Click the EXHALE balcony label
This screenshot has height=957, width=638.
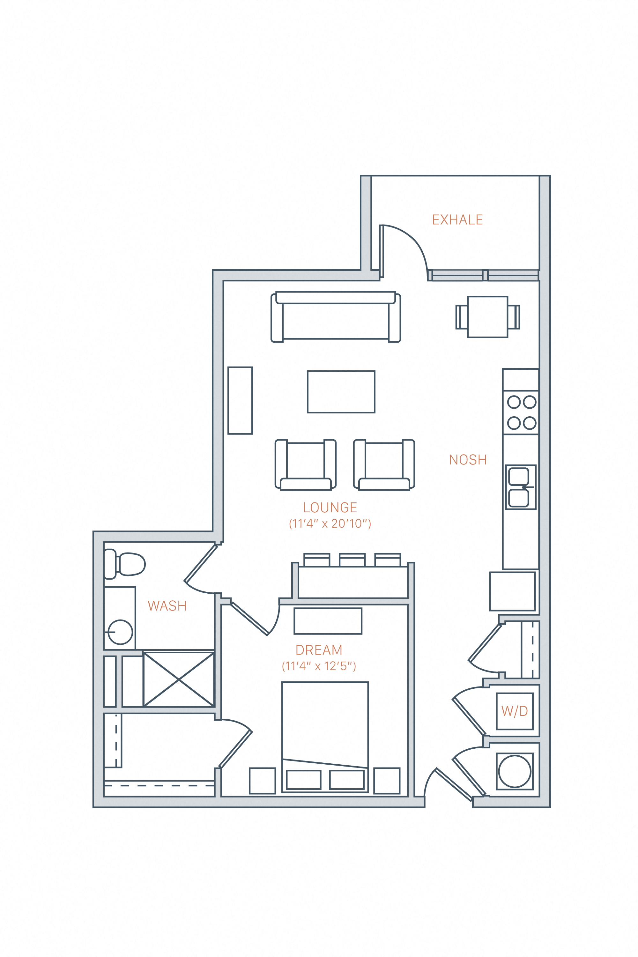tap(457, 220)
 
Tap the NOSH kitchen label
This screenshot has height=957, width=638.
tap(468, 460)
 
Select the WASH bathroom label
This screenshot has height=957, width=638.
tap(167, 606)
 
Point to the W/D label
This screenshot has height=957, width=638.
tap(514, 711)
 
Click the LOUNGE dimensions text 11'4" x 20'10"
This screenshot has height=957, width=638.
tap(330, 524)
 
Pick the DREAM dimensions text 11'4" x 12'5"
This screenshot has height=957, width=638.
tap(319, 666)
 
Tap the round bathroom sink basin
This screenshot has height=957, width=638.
tap(121, 632)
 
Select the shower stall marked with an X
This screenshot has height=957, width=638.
tap(179, 679)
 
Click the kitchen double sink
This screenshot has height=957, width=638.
tap(520, 487)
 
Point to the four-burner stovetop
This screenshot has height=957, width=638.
tap(521, 412)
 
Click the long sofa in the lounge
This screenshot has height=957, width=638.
tap(336, 317)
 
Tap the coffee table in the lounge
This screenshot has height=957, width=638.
tap(341, 392)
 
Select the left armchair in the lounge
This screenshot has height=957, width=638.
tap(306, 465)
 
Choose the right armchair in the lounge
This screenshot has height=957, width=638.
tap(384, 465)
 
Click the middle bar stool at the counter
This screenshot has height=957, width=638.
tap(352, 560)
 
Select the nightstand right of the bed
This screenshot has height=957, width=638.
tap(387, 780)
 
